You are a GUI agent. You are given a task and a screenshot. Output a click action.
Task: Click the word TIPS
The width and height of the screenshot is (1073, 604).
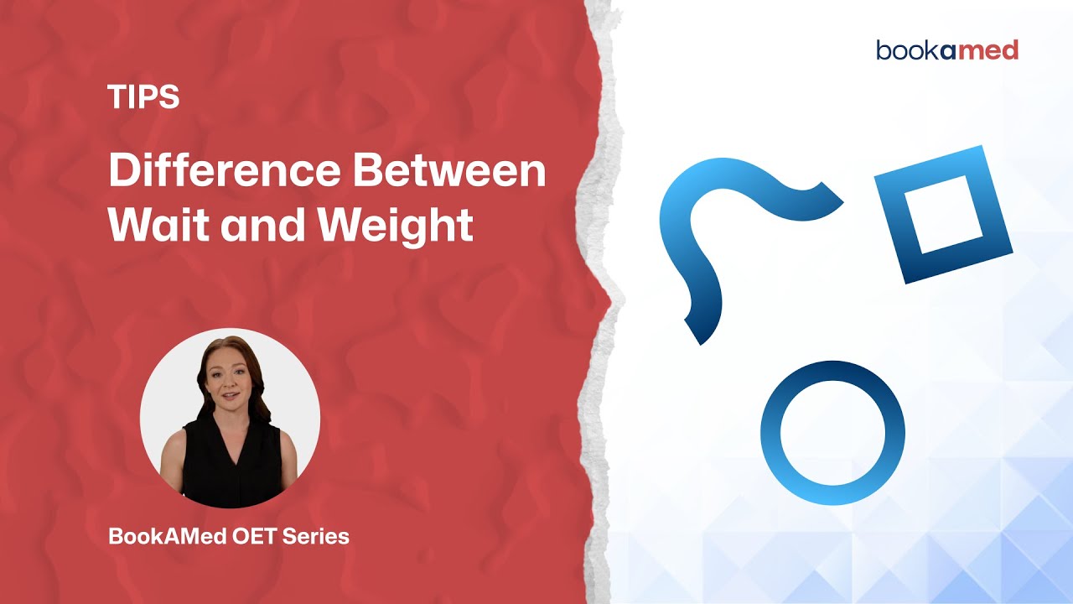pyautogui.click(x=143, y=98)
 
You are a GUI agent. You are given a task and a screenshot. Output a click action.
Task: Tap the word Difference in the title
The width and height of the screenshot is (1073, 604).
pyautogui.click(x=224, y=173)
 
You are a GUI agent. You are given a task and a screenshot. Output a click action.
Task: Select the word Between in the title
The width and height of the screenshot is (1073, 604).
pyautogui.click(x=449, y=173)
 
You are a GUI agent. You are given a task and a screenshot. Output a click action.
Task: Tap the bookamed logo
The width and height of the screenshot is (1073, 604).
pyautogui.click(x=947, y=50)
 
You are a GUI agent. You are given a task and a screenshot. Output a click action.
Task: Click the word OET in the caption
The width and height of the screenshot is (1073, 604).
pyautogui.click(x=257, y=536)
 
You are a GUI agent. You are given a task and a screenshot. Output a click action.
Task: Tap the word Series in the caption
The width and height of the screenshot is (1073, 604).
pyautogui.click(x=317, y=536)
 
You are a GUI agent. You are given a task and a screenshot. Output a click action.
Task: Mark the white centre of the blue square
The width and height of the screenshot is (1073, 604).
pyautogui.click(x=944, y=214)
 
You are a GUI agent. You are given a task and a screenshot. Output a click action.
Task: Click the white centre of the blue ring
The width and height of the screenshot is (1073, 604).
pyautogui.click(x=832, y=433)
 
